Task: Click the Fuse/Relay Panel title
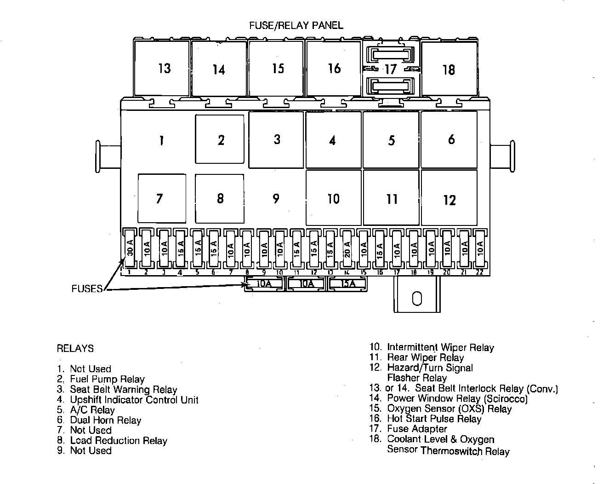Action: [x=296, y=25]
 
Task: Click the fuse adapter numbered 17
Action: [x=391, y=69]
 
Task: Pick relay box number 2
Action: [x=220, y=139]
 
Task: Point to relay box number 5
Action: [x=391, y=140]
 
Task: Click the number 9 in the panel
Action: [x=276, y=198]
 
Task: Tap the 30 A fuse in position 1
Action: [x=130, y=248]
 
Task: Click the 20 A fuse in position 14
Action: [x=347, y=248]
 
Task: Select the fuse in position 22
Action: [x=480, y=248]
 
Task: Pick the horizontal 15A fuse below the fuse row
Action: [x=348, y=284]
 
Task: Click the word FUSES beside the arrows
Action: [x=87, y=289]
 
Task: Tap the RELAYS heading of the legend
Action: [x=75, y=348]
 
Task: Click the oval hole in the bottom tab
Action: [x=417, y=299]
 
